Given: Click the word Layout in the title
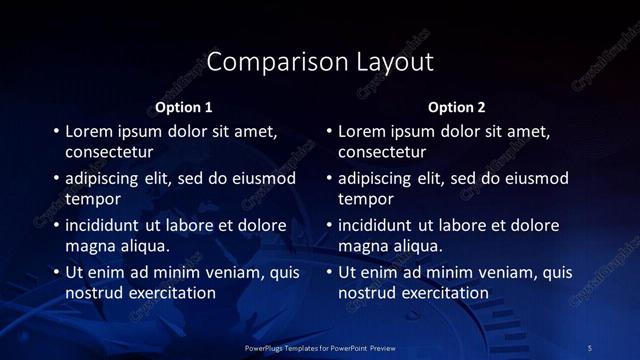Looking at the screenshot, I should click(395, 62).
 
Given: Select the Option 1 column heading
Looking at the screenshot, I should click(184, 107).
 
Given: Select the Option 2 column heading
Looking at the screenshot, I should click(456, 107).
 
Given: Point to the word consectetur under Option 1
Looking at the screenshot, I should click(109, 153).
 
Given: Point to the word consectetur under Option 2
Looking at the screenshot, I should click(382, 153).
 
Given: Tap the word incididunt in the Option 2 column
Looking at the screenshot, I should click(378, 225).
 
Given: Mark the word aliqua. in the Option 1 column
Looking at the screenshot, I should click(145, 246).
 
